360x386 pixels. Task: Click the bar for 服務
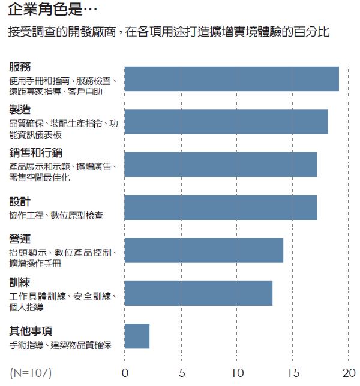click(231, 79)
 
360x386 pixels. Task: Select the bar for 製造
click(226, 122)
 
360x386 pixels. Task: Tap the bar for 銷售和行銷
click(220, 164)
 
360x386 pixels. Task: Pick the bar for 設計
click(220, 207)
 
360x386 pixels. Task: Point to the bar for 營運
click(203, 250)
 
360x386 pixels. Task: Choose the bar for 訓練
click(198, 293)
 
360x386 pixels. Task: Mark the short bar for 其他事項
click(137, 336)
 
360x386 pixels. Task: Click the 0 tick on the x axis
click(125, 373)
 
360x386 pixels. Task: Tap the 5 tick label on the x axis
click(181, 373)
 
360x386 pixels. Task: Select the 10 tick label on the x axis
click(236, 373)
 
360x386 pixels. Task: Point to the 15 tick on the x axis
click(292, 373)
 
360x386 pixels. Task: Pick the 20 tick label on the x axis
click(349, 373)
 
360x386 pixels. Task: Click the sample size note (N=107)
click(31, 373)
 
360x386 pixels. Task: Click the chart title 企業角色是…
click(50, 10)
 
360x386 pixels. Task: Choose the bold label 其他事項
click(31, 331)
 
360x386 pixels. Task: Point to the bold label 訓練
click(20, 282)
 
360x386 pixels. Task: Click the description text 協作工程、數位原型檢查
click(56, 215)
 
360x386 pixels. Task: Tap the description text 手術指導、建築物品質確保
click(61, 345)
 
